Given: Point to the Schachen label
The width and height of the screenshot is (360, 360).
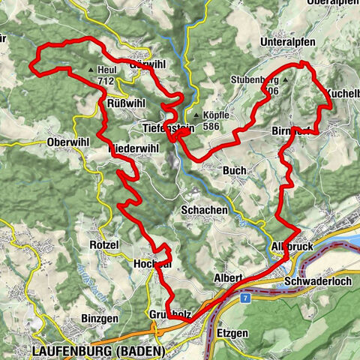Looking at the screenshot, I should [204, 211].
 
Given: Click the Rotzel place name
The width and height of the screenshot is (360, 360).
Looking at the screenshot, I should [104, 245].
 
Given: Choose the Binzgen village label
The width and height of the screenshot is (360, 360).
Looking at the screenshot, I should [98, 319].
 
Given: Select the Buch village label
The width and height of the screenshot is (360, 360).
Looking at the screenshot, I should [234, 171].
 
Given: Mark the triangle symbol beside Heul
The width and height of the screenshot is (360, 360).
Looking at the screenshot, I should [90, 70].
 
